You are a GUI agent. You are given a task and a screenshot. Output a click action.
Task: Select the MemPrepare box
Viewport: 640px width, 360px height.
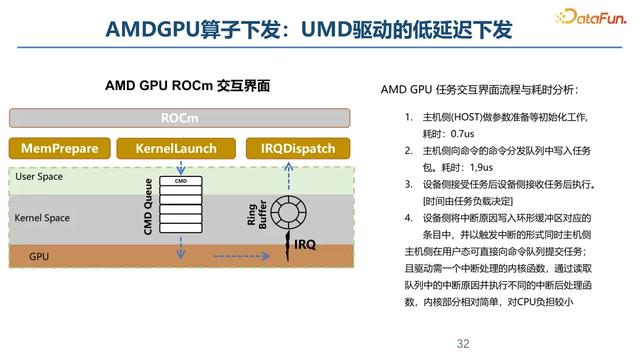tap(60, 149)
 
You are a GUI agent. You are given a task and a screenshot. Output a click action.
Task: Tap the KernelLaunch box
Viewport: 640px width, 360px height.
tap(176, 149)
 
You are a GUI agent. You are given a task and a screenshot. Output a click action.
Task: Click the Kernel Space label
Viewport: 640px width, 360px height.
tap(43, 217)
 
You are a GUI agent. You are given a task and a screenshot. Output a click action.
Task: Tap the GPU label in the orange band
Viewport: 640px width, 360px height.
tap(39, 256)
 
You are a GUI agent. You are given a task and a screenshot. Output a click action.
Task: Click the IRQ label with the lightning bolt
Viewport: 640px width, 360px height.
tap(304, 243)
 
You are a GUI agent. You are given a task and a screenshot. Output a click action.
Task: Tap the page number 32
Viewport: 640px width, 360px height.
tap(463, 343)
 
